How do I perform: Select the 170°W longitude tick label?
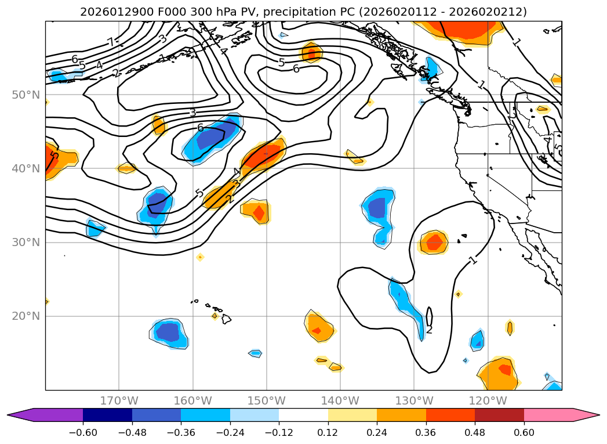(x=119, y=400)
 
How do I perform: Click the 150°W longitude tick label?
(x=266, y=400)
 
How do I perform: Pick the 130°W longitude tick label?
(x=414, y=400)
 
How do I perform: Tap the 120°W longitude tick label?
(x=488, y=400)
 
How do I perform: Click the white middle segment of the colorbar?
(x=303, y=415)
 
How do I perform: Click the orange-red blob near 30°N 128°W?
(x=432, y=242)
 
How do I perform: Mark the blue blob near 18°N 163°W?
(x=169, y=332)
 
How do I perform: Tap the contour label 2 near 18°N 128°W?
(x=429, y=330)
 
